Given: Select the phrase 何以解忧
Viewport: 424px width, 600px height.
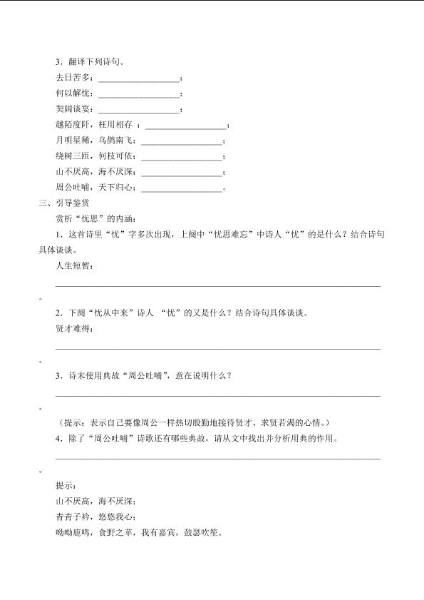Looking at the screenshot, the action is (73, 93).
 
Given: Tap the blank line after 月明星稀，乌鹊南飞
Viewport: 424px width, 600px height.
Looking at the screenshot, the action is (182, 143).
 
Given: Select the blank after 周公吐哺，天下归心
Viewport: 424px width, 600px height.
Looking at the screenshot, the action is (182, 190).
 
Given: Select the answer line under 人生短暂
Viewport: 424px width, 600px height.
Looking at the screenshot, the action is (217, 286).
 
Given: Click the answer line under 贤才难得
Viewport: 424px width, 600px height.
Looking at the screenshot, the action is (217, 349).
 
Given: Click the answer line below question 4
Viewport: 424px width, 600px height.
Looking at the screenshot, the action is (217, 459).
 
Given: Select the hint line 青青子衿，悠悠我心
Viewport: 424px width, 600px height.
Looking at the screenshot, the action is (94, 517).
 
